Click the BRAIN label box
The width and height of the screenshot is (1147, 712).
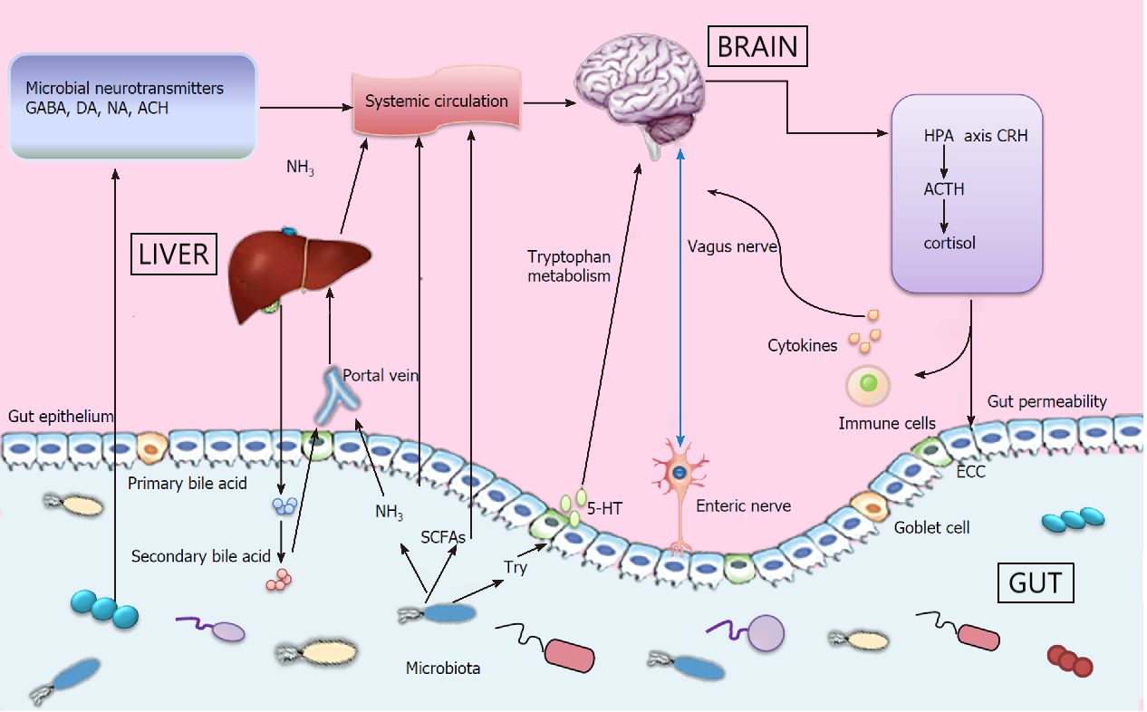[x=757, y=45]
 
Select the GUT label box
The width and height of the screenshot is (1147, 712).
[x=1035, y=582]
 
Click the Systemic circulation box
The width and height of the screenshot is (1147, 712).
[x=436, y=101]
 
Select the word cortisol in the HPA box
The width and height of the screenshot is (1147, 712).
[x=949, y=243]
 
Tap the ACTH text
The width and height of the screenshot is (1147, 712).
[x=944, y=189]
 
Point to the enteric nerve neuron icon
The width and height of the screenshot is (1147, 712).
[x=679, y=476]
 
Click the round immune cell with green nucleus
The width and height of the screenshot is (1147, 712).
[x=868, y=385]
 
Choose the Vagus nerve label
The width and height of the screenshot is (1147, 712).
[x=721, y=246]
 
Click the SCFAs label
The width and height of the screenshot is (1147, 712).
[x=443, y=537]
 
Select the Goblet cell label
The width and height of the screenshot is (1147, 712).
[x=931, y=527]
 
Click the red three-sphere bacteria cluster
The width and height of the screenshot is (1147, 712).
[x=1070, y=660]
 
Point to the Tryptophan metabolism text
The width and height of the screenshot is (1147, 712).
[x=570, y=265]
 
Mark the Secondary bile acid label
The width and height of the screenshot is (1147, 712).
[x=200, y=555]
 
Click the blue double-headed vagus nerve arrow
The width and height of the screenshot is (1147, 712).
[x=680, y=290]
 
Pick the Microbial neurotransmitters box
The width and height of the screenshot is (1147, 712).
[x=132, y=106]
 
